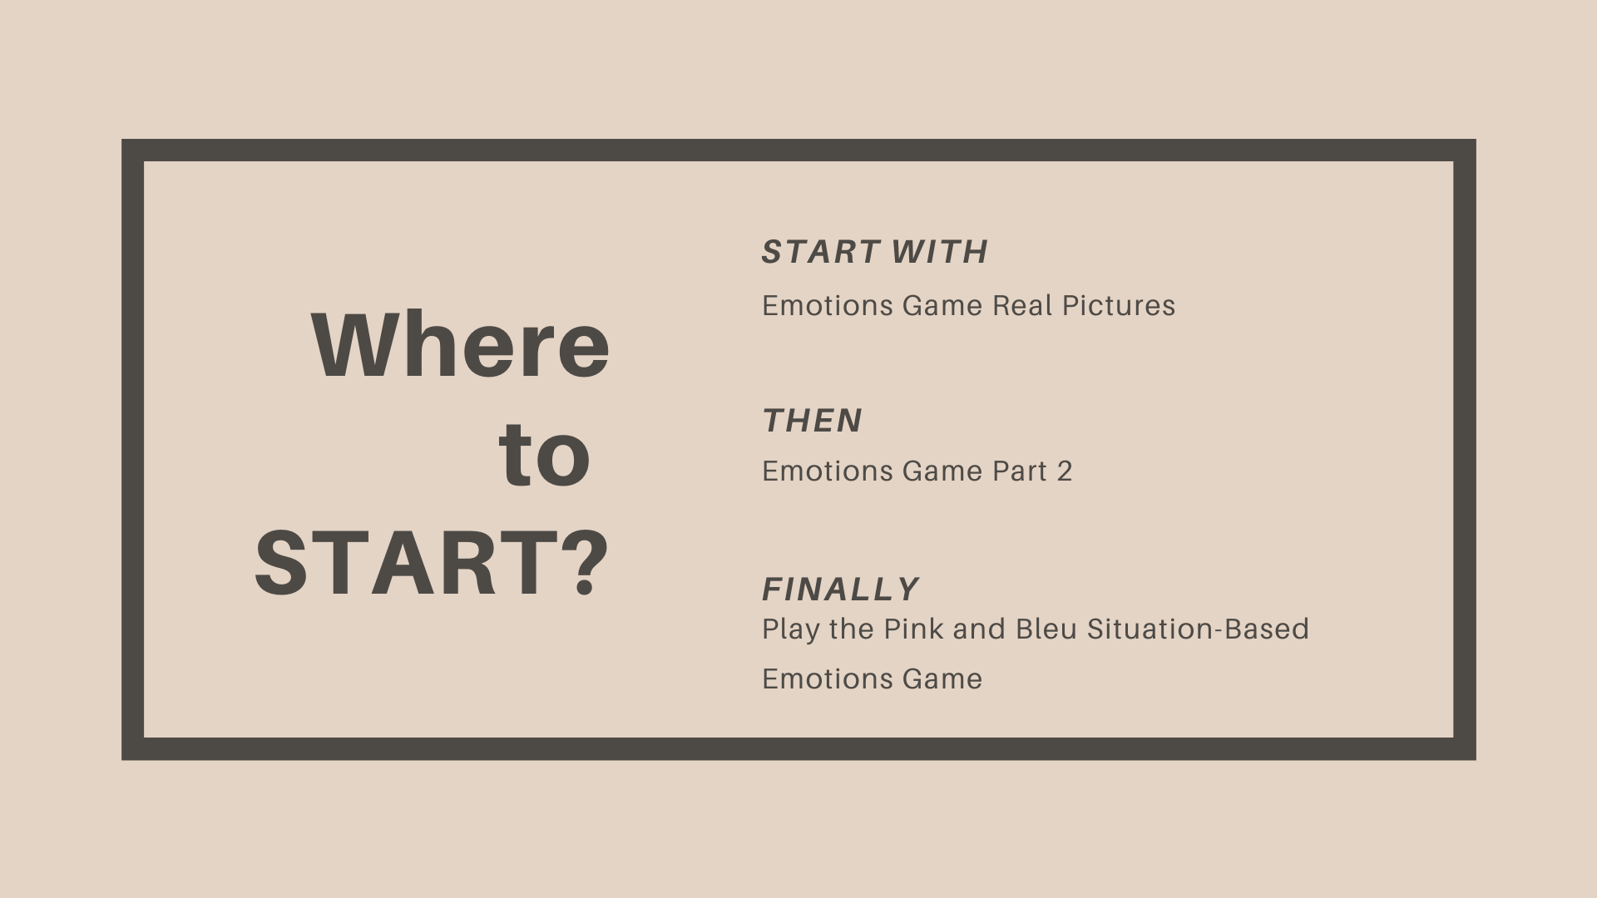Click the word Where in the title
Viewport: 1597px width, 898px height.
[461, 345]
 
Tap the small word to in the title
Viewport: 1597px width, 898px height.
[545, 455]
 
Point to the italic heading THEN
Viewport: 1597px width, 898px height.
[813, 421]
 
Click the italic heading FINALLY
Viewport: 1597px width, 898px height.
[841, 590]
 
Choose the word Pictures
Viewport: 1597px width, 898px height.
[1119, 305]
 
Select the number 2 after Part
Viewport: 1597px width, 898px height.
[1065, 471]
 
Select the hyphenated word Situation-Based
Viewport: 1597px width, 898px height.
[1198, 629]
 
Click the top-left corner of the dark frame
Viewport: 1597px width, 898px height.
[122, 140]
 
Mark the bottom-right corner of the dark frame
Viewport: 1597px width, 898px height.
[1476, 759]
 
